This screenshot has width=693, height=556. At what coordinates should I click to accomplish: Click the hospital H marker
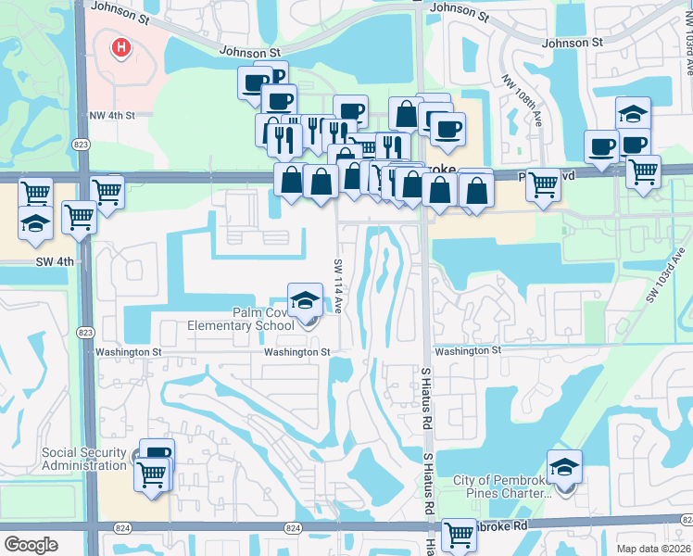click(120, 47)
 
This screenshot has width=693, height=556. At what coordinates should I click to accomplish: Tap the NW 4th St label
click(112, 116)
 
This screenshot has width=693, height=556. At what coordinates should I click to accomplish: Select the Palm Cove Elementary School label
click(241, 320)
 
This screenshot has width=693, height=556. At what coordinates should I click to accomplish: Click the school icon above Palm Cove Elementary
click(305, 299)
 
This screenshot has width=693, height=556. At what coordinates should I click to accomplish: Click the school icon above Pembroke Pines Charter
click(563, 468)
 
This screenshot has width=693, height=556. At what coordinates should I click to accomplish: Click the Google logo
click(31, 545)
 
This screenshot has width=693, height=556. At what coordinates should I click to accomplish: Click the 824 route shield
click(293, 528)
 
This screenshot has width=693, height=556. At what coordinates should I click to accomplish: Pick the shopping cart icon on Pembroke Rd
click(460, 534)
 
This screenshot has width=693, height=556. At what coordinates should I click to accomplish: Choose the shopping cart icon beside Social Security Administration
click(152, 474)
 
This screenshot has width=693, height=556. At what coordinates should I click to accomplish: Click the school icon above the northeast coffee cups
click(633, 114)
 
